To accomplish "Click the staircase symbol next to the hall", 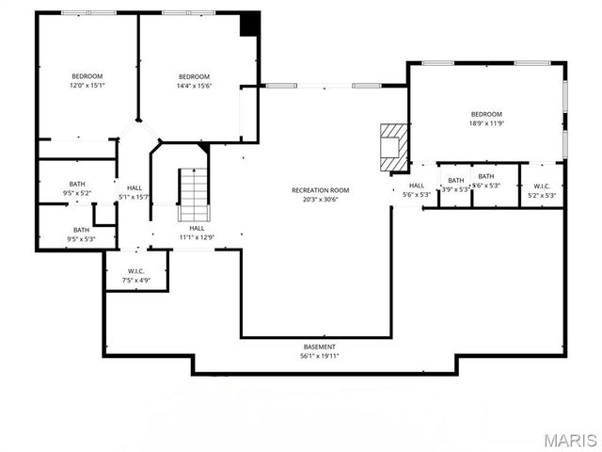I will click(193, 193).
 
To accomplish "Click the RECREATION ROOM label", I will click(320, 190).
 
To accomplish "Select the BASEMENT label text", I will click(319, 347).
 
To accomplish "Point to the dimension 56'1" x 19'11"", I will click(319, 357).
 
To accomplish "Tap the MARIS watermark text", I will click(569, 440).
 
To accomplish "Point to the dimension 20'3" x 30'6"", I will click(320, 200).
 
